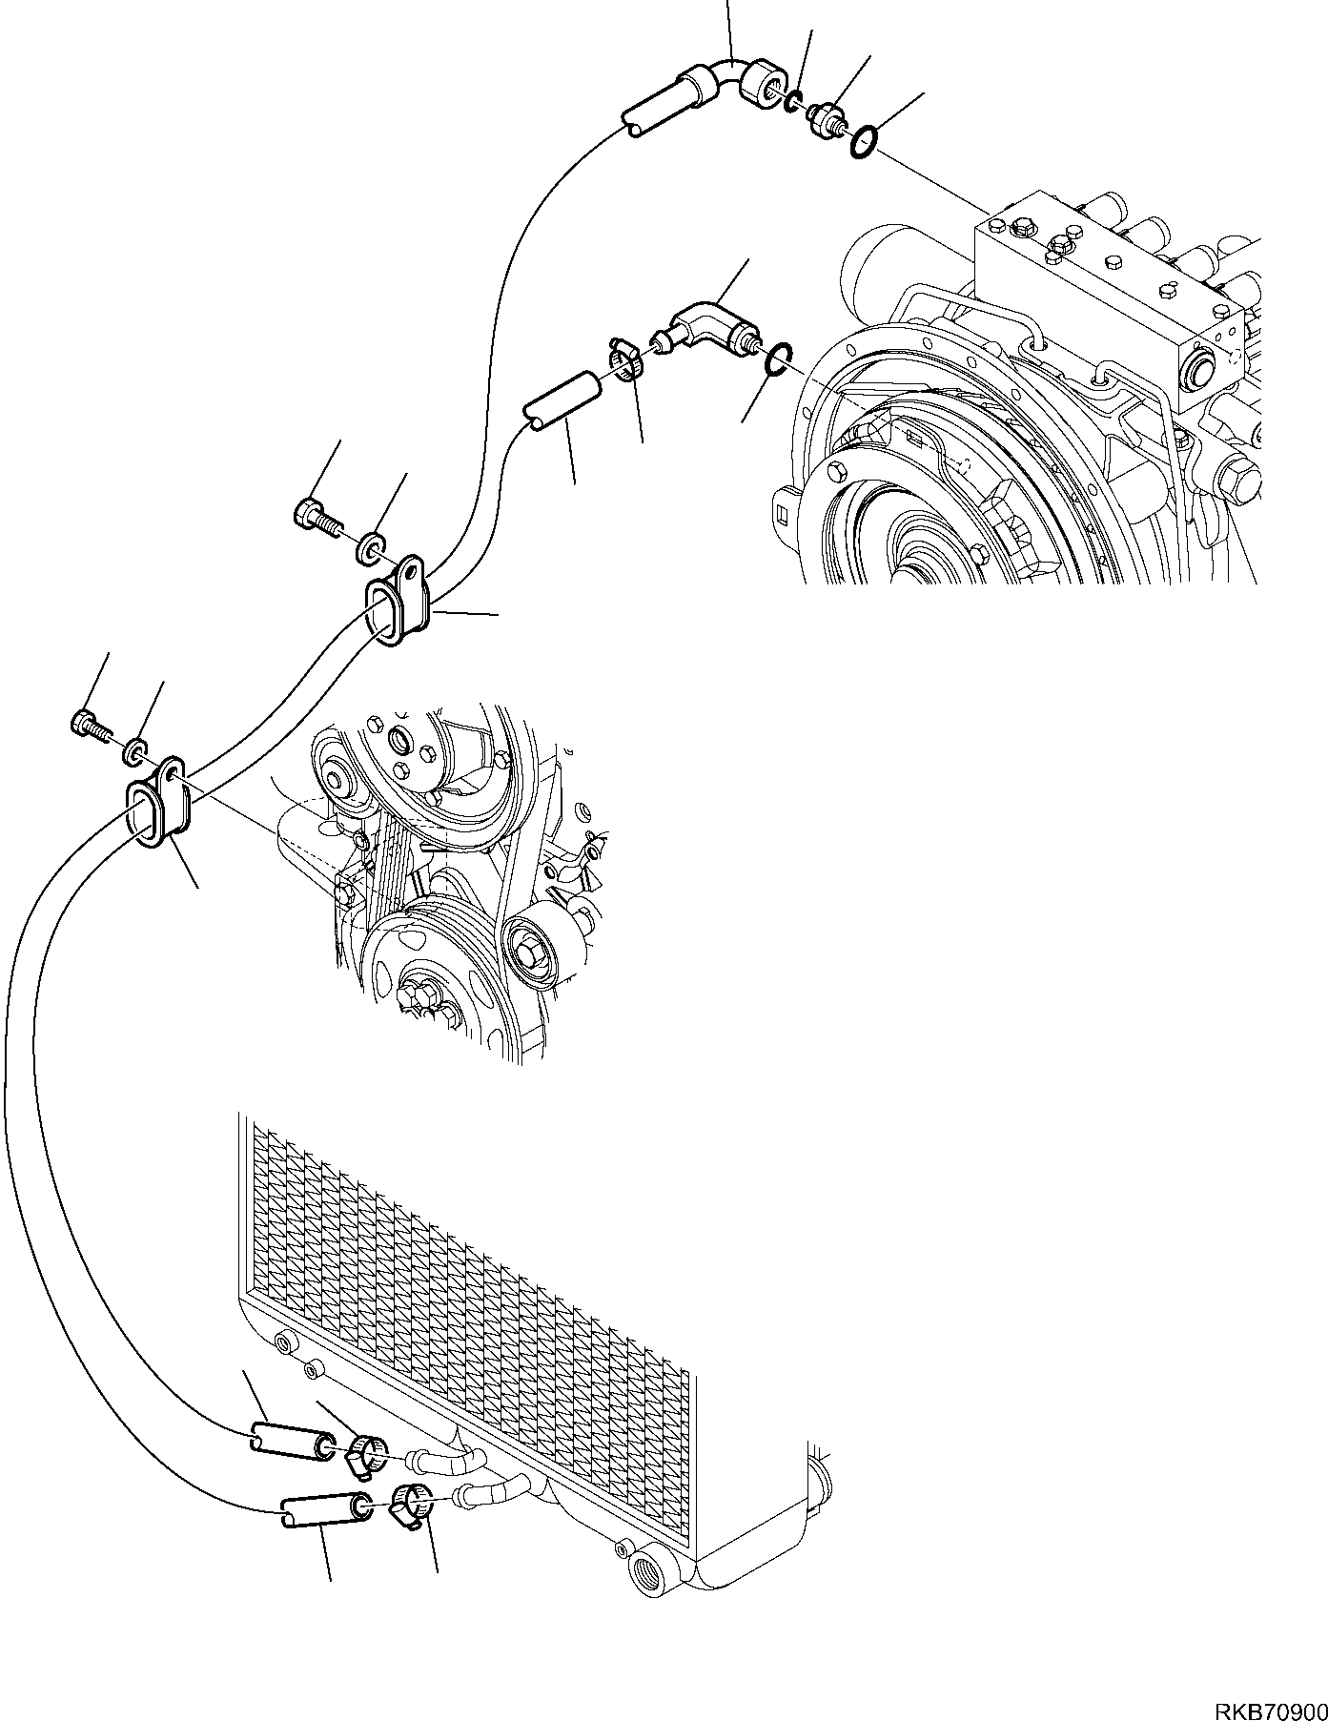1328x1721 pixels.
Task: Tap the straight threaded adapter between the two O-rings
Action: click(x=826, y=119)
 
